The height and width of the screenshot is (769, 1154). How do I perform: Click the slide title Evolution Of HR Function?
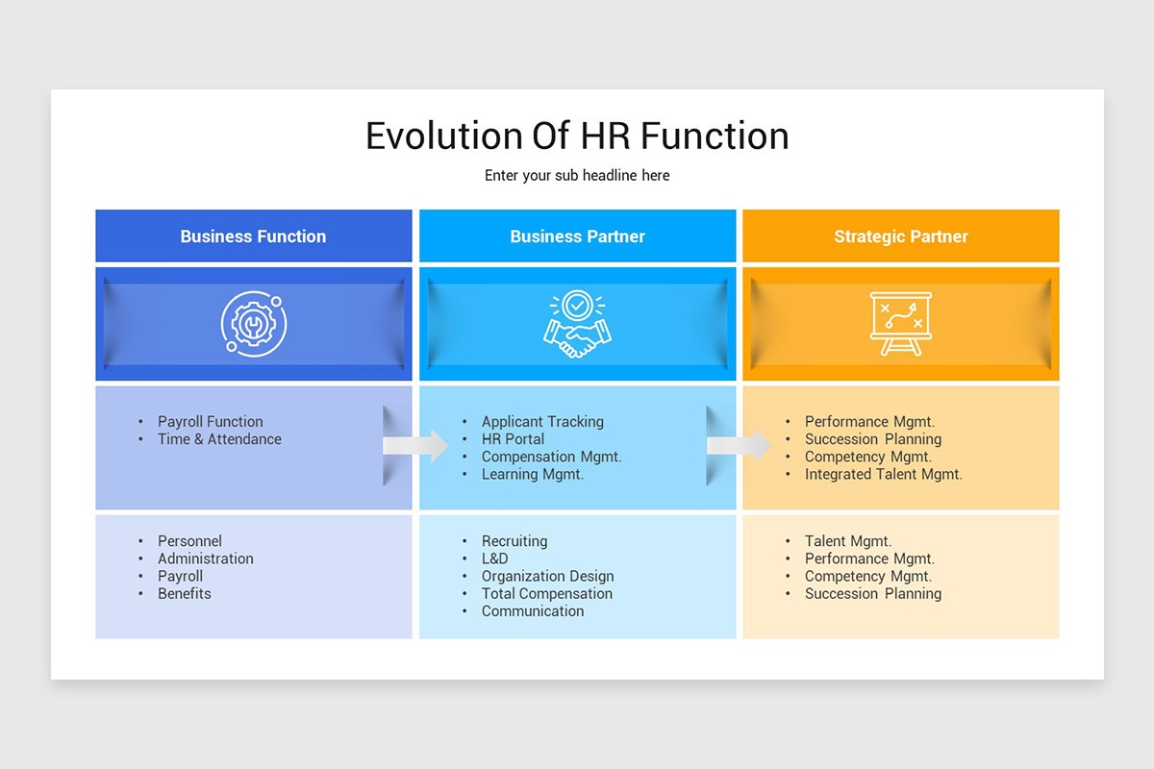tap(577, 136)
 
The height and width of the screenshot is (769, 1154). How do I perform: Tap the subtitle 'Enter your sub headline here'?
tap(577, 175)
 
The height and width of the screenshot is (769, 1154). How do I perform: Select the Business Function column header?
tap(253, 236)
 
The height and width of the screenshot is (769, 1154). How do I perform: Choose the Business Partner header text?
tap(577, 236)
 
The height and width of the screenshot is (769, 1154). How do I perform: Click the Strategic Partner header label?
tap(900, 236)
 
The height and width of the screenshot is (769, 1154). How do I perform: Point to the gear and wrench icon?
tap(253, 324)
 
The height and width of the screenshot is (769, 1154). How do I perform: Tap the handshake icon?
tap(577, 325)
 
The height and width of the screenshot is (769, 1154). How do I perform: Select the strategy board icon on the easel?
tap(900, 324)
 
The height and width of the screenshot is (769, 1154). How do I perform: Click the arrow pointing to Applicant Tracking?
tap(415, 445)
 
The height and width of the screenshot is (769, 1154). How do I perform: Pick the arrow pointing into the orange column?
tap(739, 445)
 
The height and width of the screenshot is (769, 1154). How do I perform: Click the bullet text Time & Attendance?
tap(219, 439)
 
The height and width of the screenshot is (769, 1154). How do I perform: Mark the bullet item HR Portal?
tap(513, 439)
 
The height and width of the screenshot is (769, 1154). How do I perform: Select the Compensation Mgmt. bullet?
tap(551, 457)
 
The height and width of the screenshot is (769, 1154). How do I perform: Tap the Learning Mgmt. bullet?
tap(532, 474)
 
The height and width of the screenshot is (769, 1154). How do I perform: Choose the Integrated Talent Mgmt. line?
tap(883, 474)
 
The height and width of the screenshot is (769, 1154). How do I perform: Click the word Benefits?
tap(185, 594)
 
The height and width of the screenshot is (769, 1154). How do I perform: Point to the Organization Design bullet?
tap(547, 577)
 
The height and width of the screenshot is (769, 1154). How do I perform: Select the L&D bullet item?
tap(494, 558)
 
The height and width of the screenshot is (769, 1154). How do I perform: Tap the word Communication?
tap(532, 611)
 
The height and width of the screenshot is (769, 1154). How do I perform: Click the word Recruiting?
tap(514, 541)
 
